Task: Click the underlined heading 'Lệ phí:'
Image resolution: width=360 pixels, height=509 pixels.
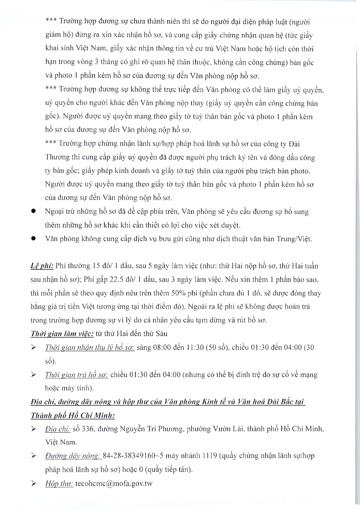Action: [x=42, y=266]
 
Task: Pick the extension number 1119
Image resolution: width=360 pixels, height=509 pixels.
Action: [x=210, y=456]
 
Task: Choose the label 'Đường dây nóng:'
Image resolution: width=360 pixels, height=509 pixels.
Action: [x=72, y=456]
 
